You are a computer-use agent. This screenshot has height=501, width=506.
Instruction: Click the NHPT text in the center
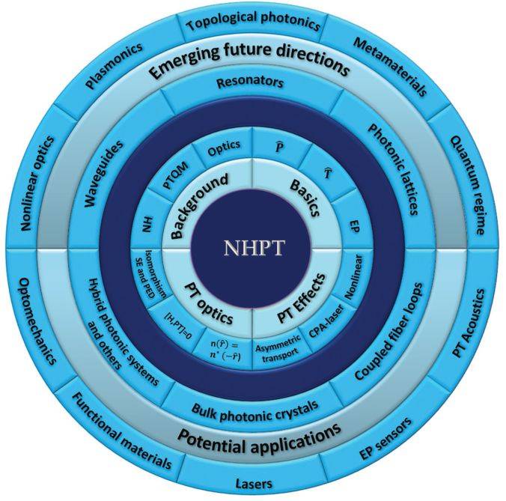[x=254, y=248]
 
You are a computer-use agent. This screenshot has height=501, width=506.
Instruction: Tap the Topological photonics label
[x=254, y=21]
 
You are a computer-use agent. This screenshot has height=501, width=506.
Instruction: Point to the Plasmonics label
[x=114, y=65]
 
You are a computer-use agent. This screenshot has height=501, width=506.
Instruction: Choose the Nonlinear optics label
[x=37, y=183]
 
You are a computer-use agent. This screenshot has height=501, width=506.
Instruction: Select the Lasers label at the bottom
[x=254, y=484]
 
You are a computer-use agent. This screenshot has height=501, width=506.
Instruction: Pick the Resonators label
[x=250, y=82]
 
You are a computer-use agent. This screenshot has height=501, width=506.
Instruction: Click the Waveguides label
[x=104, y=173]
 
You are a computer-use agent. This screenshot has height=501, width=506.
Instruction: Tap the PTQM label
[x=175, y=175]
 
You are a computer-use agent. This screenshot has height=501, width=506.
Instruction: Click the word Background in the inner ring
[x=199, y=206]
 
